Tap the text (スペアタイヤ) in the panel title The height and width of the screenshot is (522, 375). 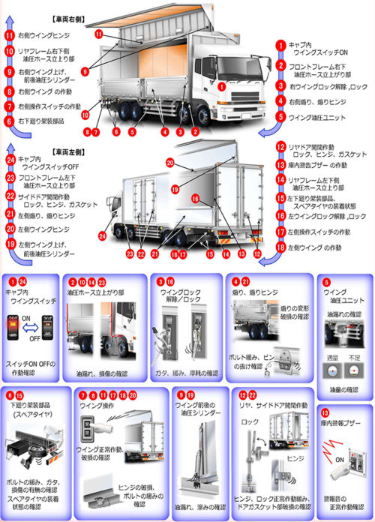(x=31, y=415)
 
